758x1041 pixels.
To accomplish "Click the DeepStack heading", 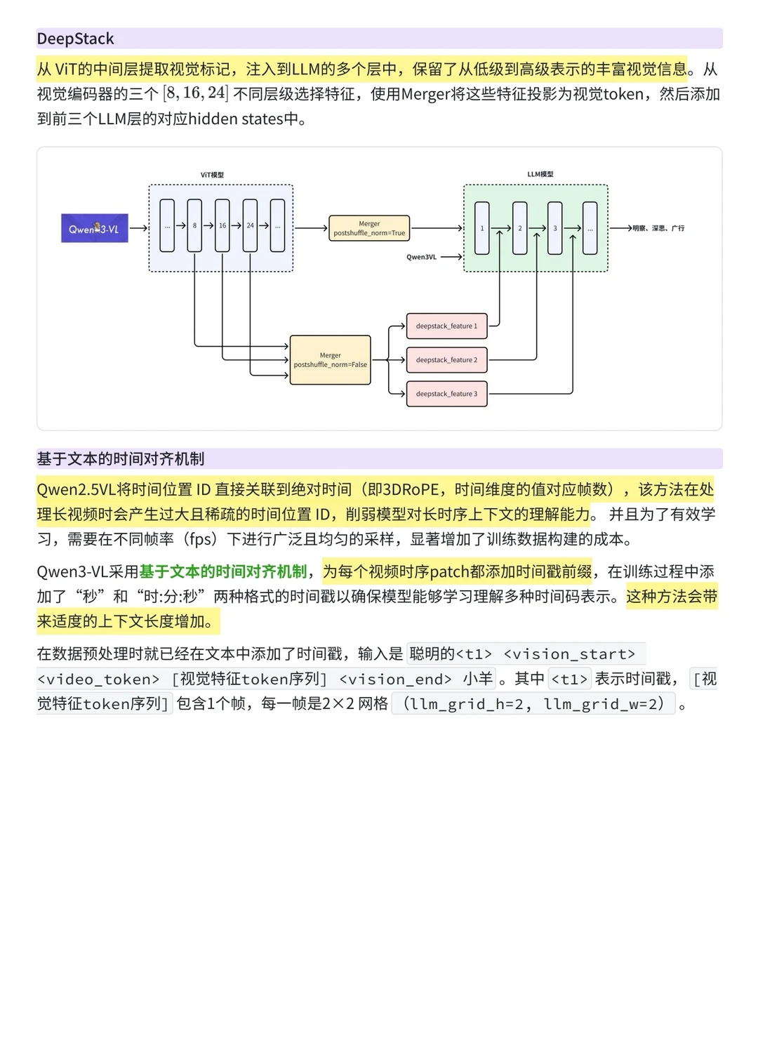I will coord(75,39).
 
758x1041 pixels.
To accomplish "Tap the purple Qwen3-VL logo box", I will coord(94,228).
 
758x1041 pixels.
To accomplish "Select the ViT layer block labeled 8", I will coord(194,225).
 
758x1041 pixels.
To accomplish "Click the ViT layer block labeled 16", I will coord(222,225).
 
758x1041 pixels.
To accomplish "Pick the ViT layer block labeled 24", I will coord(250,225).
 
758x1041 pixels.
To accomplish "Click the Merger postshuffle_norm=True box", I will coord(369,228).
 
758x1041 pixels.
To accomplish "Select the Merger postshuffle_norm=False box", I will coord(330,360).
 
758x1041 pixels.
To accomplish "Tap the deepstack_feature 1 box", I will coord(446,326).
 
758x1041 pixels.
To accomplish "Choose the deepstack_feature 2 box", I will coord(446,360).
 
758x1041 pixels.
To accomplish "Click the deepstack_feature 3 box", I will coord(446,394).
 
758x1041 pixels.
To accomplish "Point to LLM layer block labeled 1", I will coord(482,228).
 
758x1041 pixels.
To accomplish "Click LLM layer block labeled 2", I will coord(520,228).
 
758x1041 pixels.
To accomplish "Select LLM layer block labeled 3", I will coord(555,228).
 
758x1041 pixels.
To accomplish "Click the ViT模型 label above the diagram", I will coord(212,175).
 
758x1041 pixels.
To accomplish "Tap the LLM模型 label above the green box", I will coord(540,174).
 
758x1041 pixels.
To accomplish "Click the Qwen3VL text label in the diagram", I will coord(421,257).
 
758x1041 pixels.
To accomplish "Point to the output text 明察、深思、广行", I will coord(658,228).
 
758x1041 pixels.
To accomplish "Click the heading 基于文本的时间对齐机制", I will coord(121,459).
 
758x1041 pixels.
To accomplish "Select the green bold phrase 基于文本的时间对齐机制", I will coord(223,571).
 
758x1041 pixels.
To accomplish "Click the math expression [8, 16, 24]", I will coord(196,93).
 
